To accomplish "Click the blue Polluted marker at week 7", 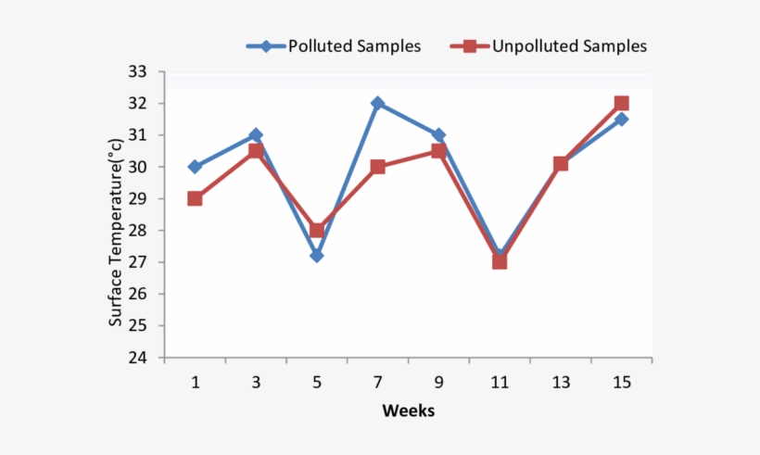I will tap(377, 103).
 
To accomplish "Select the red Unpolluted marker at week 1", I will tap(195, 198).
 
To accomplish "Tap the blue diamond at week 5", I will tap(317, 255).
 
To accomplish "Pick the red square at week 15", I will tap(621, 103).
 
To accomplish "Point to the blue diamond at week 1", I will tap(195, 167).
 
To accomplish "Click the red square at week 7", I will tap(377, 167).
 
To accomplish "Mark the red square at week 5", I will tap(317, 230).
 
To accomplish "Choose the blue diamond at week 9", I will tap(438, 135).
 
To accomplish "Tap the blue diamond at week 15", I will tap(621, 119).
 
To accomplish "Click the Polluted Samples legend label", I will tap(355, 45).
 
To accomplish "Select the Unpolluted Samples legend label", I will tap(569, 45).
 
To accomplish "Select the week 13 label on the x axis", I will tap(560, 383).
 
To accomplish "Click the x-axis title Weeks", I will tap(408, 411).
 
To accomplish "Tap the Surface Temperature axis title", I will tap(116, 232).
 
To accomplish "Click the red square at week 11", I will tap(500, 261).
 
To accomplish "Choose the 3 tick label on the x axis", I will tap(256, 383).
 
